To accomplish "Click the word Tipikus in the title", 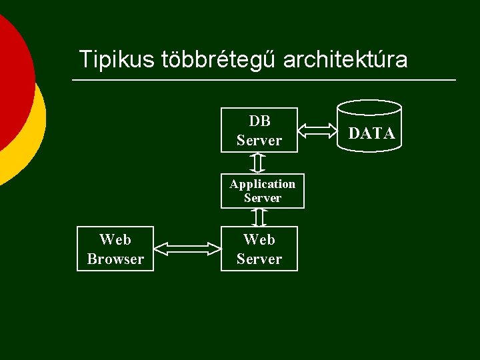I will pos(117,59).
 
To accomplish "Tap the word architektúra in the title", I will pos(345,59).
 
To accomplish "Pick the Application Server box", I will pos(262,191).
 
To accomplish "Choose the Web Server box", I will pos(259,249).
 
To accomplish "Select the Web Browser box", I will pos(115,249).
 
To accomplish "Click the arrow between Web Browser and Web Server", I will pos(187,249).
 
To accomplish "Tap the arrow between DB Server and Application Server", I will pos(259,162).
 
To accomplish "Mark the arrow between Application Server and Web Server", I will pos(259,217).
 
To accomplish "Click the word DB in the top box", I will pos(259,121).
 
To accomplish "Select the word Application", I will pos(263,184).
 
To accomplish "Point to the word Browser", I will pos(115,259).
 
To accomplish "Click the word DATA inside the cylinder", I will pos(372,134).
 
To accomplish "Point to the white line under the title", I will pos(264,81).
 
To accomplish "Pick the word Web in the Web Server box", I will pos(259,239).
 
